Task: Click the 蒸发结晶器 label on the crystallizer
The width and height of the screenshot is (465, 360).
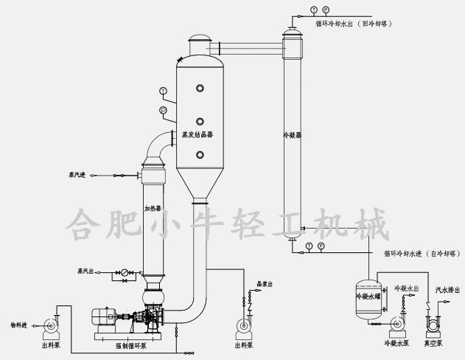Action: pos(200,136)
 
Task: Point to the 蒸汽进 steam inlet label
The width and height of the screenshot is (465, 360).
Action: pos(77,175)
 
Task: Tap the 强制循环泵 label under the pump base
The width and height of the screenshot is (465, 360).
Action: pos(131,345)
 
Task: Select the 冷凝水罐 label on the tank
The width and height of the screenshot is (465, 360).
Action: pos(368,297)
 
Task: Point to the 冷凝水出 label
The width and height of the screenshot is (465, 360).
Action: pos(407,288)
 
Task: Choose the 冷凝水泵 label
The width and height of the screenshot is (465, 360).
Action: pos(396,343)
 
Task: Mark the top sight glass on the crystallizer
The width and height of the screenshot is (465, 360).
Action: pos(200,88)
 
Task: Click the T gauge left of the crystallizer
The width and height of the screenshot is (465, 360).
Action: pos(163,91)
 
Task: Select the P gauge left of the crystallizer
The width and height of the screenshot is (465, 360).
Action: pos(163,111)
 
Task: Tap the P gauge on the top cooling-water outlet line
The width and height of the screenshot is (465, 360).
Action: pos(325,10)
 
